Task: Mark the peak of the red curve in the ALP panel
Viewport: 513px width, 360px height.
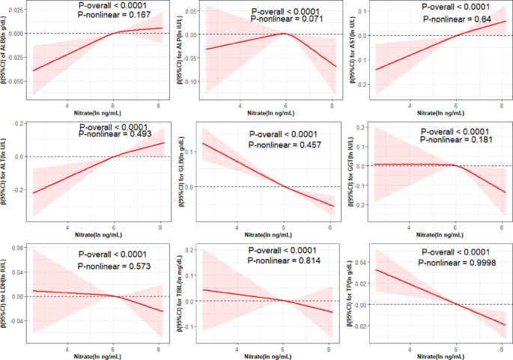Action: click(x=284, y=34)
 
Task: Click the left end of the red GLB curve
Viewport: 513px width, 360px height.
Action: click(x=203, y=142)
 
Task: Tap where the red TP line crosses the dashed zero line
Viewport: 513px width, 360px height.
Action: click(x=456, y=305)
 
